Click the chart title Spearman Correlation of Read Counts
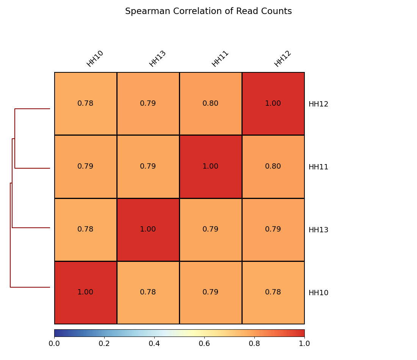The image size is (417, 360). point(208,11)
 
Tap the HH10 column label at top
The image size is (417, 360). point(95,59)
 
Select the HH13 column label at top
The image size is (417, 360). point(157,59)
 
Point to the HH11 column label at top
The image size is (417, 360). point(220,59)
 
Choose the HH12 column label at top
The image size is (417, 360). point(282,59)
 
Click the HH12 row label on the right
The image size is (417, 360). point(318,104)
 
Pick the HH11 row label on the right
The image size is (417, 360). point(318,167)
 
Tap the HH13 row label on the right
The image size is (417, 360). point(318,230)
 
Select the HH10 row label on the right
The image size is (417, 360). point(318,293)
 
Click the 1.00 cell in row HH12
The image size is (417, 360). point(273,103)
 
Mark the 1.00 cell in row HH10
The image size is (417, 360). point(85,292)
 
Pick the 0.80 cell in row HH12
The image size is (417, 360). point(210,103)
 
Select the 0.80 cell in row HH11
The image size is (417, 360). point(273,166)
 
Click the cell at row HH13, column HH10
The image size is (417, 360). point(85,229)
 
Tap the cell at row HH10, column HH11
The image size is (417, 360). point(210,292)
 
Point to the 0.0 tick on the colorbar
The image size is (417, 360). point(54,344)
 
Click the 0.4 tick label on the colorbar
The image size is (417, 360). point(154,344)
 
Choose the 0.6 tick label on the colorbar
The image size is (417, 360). point(204,344)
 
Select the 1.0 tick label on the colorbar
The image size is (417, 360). point(304,344)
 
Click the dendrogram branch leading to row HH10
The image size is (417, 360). point(30,287)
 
